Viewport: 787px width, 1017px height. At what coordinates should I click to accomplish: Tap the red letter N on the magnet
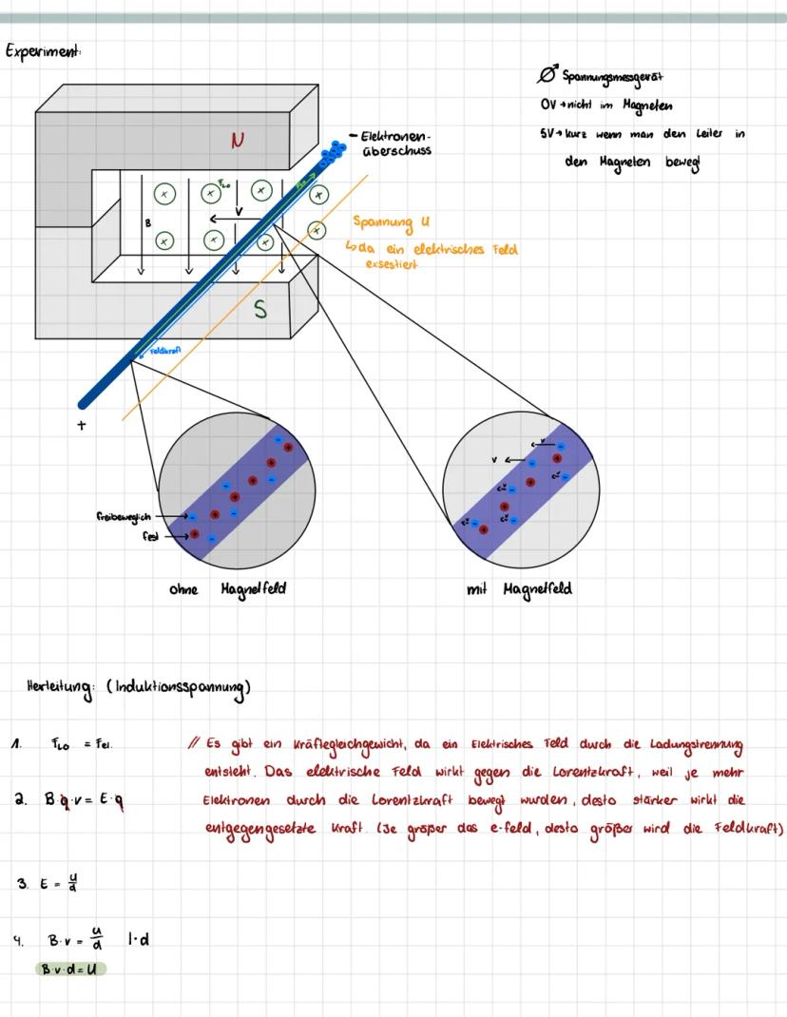[x=239, y=141]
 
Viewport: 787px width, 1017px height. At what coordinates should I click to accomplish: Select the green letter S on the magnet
[x=260, y=310]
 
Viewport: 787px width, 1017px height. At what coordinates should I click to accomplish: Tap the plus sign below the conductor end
[x=83, y=425]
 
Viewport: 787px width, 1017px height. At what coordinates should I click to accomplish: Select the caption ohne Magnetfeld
[x=225, y=589]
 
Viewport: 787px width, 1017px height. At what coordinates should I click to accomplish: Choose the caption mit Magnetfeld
[x=519, y=589]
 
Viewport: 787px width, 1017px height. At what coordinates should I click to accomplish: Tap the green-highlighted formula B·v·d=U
[x=71, y=969]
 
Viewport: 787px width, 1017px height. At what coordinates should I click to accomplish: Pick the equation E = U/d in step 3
[x=58, y=882]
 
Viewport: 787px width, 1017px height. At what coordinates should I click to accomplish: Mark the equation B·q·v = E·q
[x=83, y=800]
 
